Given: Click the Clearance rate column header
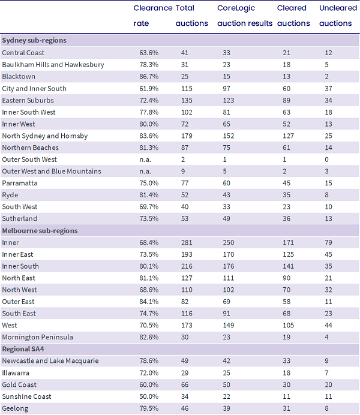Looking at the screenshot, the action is tap(153, 16).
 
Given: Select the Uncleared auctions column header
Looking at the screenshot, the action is tap(338, 16).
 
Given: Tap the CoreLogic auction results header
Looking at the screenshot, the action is tap(245, 16).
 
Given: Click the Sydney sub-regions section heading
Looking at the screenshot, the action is tap(34, 41).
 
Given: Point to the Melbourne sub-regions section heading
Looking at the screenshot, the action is tap(40, 231).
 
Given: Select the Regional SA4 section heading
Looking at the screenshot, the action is tap(23, 349).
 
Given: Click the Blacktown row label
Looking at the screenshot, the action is tap(19, 77).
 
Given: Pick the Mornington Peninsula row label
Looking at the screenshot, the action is tap(37, 337).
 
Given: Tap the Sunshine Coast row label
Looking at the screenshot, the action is tap(26, 396).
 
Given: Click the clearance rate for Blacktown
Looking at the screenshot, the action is tap(149, 77).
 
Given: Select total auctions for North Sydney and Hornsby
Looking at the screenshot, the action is tap(187, 136).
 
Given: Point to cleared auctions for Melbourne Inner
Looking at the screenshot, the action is tap(288, 242).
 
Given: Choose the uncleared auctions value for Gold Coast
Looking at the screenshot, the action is tap(328, 384).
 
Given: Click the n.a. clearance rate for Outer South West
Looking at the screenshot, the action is tap(145, 160).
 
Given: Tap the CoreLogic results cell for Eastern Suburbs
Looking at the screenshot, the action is tap(228, 100).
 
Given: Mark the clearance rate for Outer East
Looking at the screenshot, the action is tap(149, 302).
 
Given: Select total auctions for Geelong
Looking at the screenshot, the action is tap(185, 408).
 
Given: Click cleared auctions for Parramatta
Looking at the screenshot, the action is tap(286, 183).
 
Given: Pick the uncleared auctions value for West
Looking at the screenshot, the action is tap(328, 325).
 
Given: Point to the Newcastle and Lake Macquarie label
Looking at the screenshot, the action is tap(50, 361).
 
